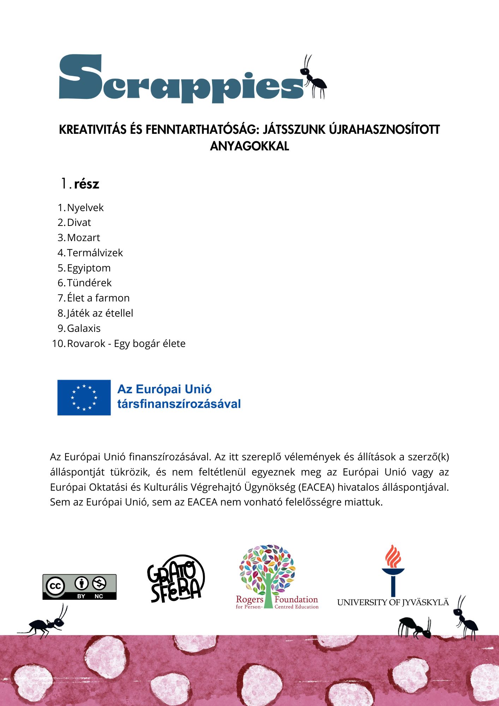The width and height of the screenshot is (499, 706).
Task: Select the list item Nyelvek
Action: click(85, 208)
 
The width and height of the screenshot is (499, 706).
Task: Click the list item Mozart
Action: click(83, 238)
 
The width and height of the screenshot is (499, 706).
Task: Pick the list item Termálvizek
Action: click(95, 253)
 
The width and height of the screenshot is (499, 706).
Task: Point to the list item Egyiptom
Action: click(89, 268)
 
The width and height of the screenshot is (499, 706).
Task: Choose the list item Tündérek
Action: click(89, 283)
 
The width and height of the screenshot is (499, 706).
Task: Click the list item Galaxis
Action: click(84, 328)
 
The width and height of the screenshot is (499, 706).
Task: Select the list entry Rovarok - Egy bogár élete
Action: click(126, 343)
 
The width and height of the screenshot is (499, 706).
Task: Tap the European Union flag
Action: click(84, 397)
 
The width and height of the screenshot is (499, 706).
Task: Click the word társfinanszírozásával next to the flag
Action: click(179, 404)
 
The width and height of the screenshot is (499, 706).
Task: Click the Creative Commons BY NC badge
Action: click(79, 587)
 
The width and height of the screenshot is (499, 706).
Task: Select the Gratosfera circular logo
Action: click(176, 579)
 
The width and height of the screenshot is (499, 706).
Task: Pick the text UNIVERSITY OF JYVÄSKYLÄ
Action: click(393, 602)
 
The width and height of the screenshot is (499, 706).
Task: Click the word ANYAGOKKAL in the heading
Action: click(249, 146)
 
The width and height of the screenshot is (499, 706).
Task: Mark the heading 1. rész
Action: click(80, 184)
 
